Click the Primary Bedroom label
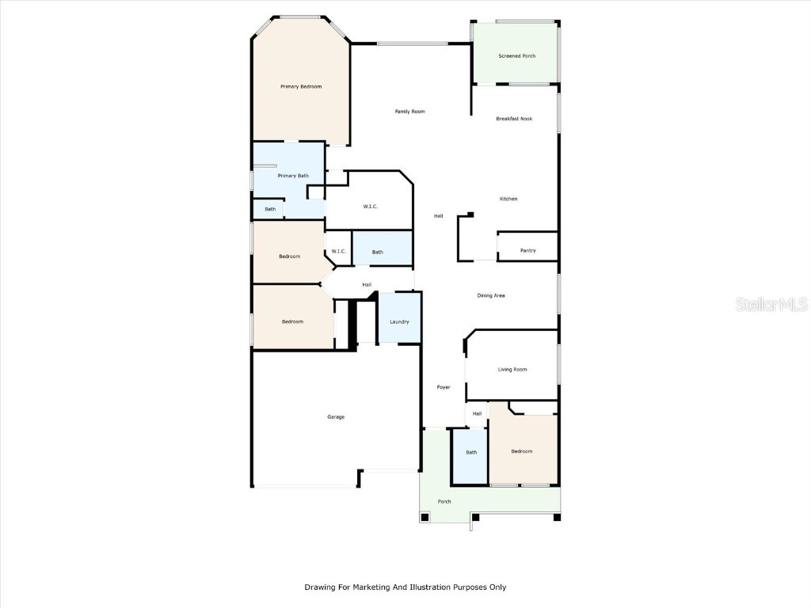click(x=301, y=86)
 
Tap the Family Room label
click(x=409, y=112)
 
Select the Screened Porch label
click(x=516, y=56)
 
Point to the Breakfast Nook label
click(x=514, y=119)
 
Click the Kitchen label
click(x=508, y=199)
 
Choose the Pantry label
click(x=527, y=251)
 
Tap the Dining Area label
click(x=490, y=295)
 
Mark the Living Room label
click(x=512, y=370)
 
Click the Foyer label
click(x=444, y=387)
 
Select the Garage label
click(x=336, y=416)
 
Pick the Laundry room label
click(x=399, y=321)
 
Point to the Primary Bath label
click(x=293, y=176)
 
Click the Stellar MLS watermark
click(x=771, y=304)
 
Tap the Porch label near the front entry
click(x=444, y=502)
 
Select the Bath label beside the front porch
click(x=471, y=453)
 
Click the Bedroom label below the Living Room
click(x=521, y=451)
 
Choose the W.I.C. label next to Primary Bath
click(x=370, y=207)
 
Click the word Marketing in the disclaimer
click(x=381, y=587)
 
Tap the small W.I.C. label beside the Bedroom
click(x=338, y=252)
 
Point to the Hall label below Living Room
click(x=477, y=413)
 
